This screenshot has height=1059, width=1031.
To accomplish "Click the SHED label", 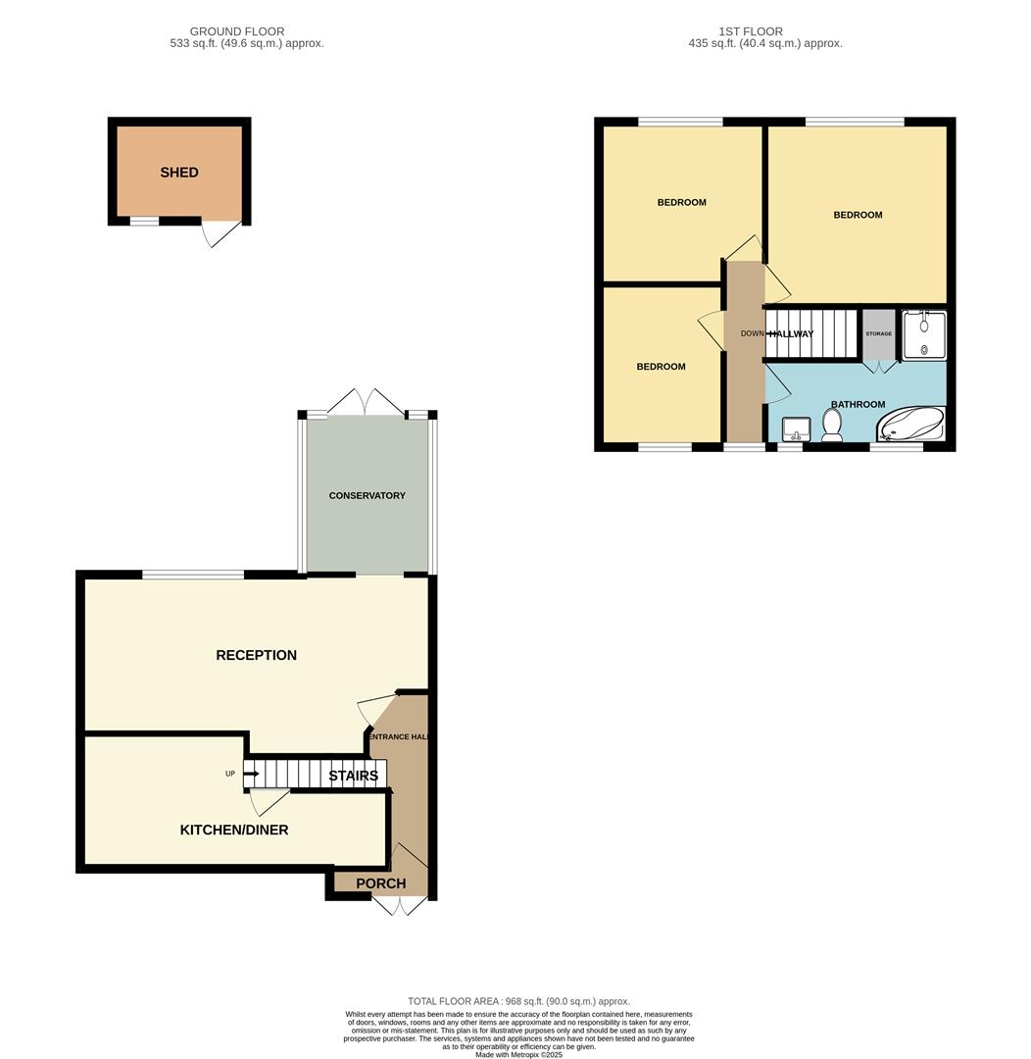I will [x=179, y=173].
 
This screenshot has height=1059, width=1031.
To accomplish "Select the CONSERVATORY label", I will [x=367, y=496].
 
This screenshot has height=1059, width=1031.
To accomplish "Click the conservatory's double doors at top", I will [x=366, y=402].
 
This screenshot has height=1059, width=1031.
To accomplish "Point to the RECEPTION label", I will [x=256, y=655].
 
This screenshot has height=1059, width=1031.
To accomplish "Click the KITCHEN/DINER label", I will [x=234, y=830].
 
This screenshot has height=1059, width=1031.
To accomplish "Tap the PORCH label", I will [x=380, y=883].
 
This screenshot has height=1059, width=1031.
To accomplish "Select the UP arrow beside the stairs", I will [x=250, y=774].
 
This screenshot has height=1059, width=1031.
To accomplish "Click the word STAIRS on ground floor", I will [x=353, y=776].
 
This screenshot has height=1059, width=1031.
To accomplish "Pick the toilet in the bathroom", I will [x=832, y=426].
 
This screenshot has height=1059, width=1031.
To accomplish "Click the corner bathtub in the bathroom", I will [x=911, y=426].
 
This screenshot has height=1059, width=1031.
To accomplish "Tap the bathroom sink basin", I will [x=796, y=429].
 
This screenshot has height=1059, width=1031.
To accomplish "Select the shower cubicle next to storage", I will [x=924, y=335].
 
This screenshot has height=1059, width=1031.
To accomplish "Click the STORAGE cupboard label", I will [x=878, y=334].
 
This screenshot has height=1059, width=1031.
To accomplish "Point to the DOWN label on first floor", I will [x=752, y=333].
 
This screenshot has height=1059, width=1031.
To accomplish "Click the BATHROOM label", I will [x=858, y=404].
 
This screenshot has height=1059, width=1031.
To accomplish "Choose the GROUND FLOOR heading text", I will [x=237, y=32].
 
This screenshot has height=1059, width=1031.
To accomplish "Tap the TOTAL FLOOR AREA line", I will [x=518, y=1001].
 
